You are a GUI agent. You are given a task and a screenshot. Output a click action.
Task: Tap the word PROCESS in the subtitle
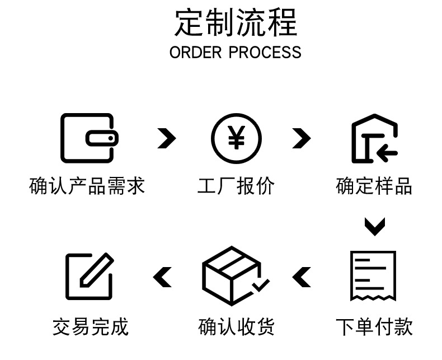pos(265,53)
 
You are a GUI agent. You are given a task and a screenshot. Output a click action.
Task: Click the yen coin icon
pos(236,138)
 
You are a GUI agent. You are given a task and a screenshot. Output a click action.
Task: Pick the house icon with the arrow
pos(374,139)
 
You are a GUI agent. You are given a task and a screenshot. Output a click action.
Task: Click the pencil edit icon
pos(90,275)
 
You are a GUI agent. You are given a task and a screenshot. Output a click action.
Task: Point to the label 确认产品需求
pos(87,186)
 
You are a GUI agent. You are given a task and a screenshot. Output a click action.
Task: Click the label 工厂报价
pos(236,186)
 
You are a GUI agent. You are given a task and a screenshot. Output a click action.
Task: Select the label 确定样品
pos(374,186)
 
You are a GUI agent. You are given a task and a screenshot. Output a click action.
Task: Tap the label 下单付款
pos(374,326)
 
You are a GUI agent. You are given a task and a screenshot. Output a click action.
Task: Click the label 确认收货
pos(236,326)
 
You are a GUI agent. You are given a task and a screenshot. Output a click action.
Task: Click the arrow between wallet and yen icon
pos(166,138)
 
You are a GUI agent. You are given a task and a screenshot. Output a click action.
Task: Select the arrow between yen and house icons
pos(301,138)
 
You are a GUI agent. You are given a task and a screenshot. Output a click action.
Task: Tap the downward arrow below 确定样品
pos(374,226)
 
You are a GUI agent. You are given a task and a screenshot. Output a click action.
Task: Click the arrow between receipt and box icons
pos(302,277)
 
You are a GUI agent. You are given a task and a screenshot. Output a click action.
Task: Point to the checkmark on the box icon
pos(260,285)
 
